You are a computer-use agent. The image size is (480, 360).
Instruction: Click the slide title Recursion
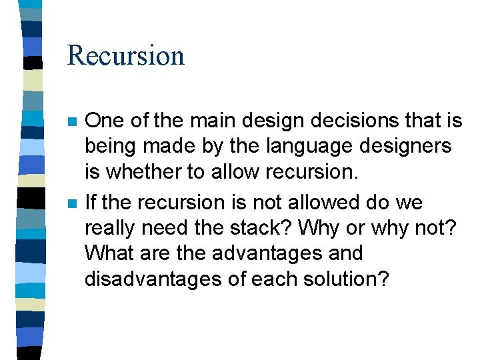125,55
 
